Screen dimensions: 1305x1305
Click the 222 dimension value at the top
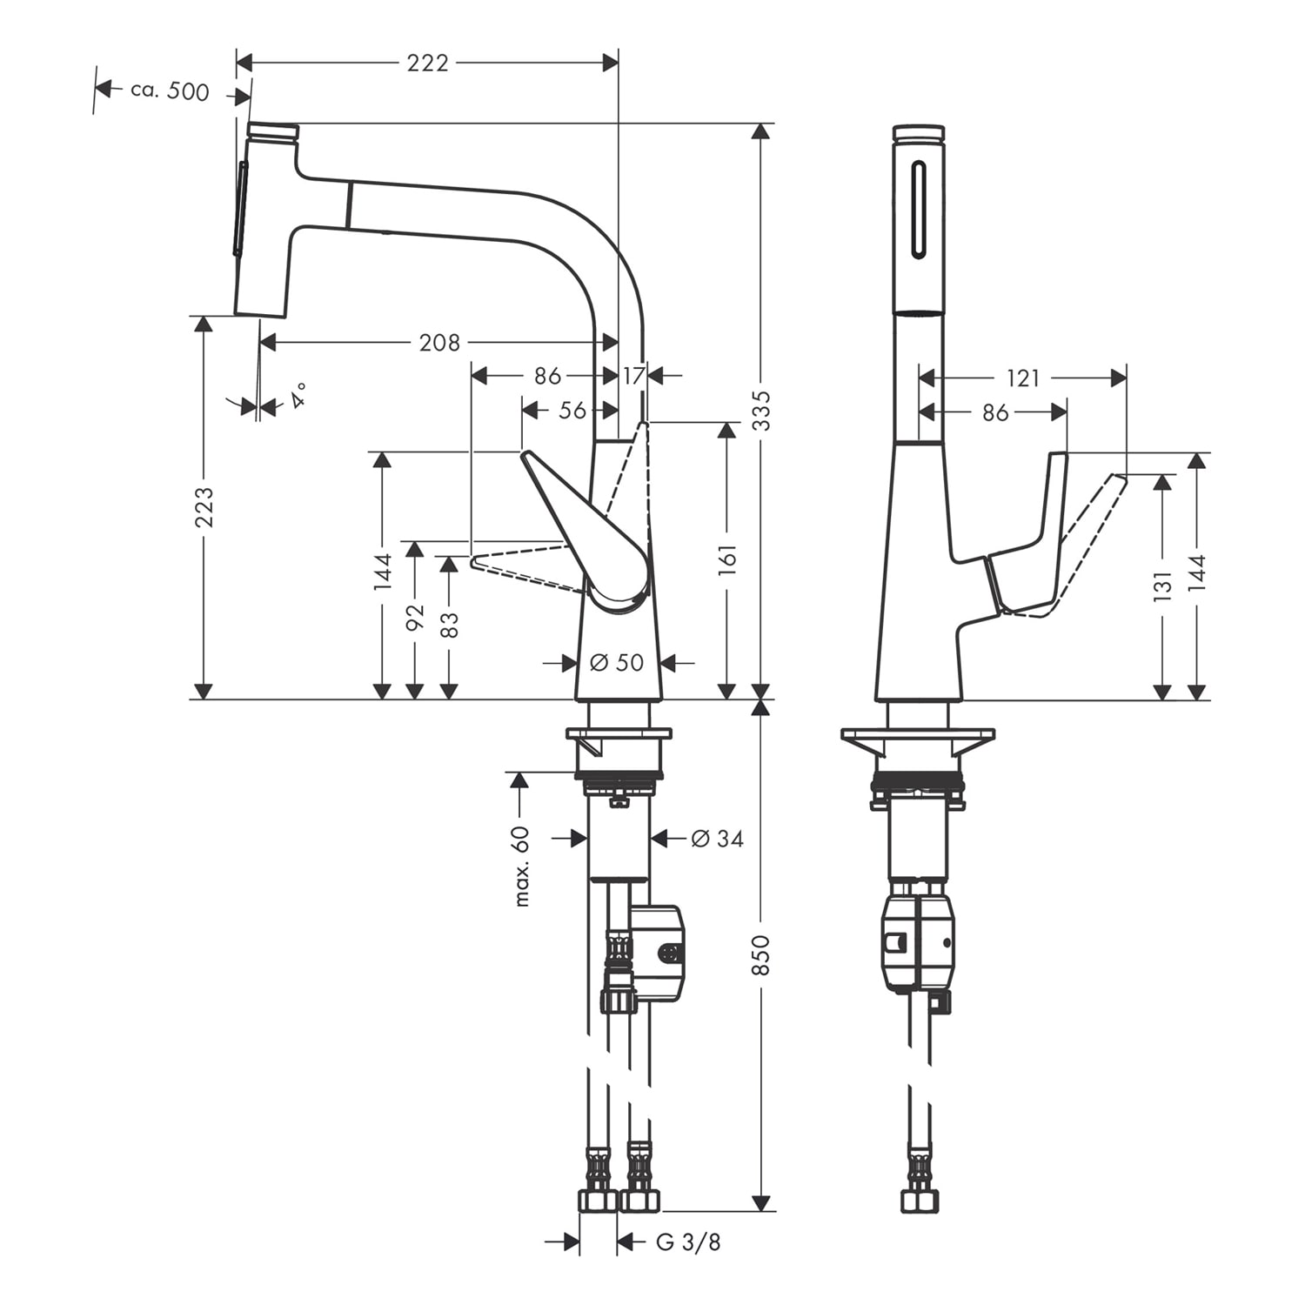427,63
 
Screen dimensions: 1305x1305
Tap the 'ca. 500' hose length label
170,90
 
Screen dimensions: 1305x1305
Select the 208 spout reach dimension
439,343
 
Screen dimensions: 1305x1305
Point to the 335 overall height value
761,410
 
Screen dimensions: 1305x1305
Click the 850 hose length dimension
761,954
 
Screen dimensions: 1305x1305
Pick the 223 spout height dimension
204,506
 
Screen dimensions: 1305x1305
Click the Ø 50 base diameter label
617,663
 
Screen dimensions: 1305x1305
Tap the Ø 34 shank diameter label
717,839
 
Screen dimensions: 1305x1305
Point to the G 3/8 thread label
688,1242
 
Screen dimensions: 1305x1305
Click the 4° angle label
298,396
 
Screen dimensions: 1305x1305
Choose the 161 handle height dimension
727,561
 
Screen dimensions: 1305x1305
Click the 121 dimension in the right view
1022,378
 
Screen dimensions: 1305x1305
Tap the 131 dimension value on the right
1162,586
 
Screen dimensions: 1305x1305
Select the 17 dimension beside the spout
633,376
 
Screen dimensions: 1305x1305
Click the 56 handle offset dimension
572,410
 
